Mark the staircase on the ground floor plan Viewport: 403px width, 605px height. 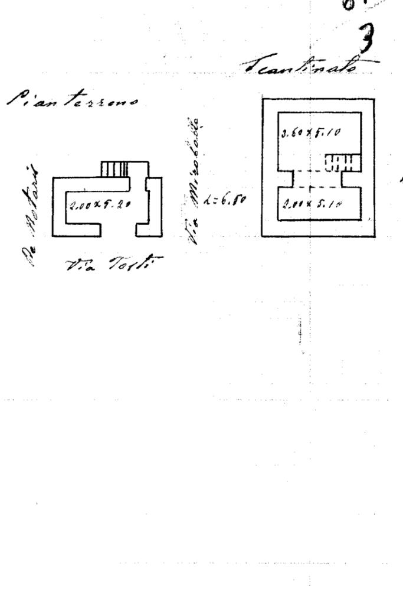[x=116, y=170]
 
